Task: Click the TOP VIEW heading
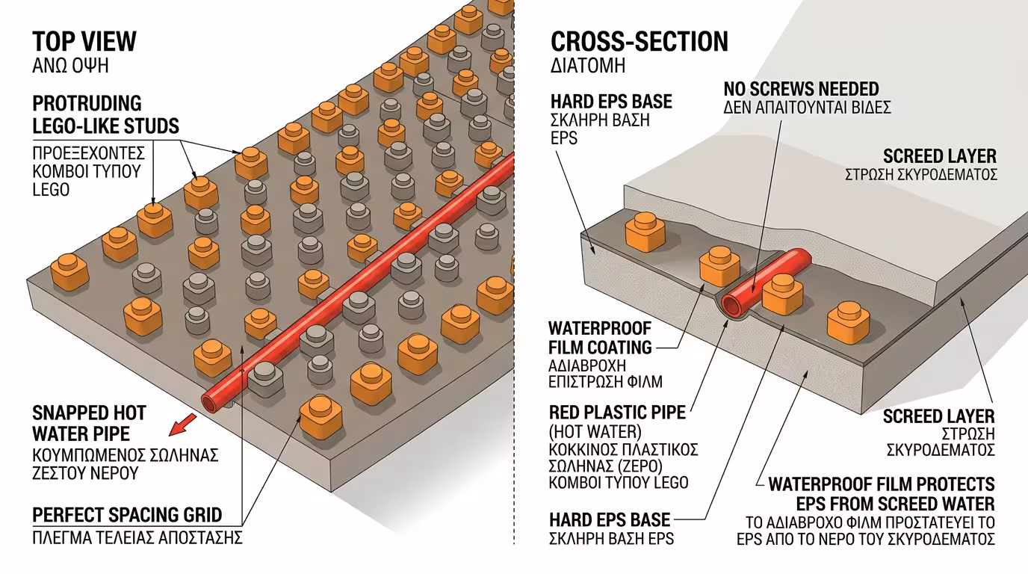(x=84, y=40)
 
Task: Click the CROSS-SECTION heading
(x=639, y=40)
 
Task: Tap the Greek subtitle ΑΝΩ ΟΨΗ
(x=71, y=65)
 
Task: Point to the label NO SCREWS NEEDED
(x=801, y=88)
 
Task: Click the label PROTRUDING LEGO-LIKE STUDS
(x=105, y=114)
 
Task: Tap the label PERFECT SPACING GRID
(x=127, y=514)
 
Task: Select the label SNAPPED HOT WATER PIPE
(x=89, y=423)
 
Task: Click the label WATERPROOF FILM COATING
(x=600, y=338)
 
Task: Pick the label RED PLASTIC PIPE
(x=617, y=412)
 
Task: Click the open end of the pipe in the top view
(x=210, y=403)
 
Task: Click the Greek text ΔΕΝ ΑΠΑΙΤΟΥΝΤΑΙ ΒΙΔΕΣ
(x=807, y=107)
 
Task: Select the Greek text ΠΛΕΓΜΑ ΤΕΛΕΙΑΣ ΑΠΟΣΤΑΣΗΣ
(x=137, y=537)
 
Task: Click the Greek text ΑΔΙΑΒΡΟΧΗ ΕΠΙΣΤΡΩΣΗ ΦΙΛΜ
(x=605, y=374)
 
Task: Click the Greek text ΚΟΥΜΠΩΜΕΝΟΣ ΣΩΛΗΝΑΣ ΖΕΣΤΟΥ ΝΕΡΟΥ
(x=125, y=463)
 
